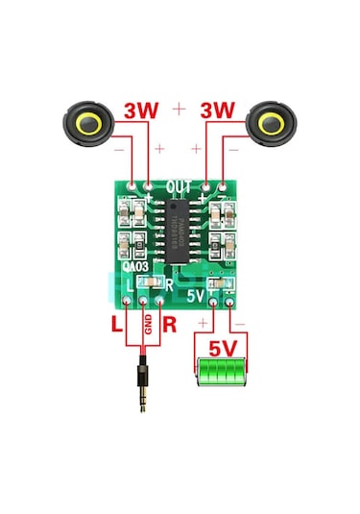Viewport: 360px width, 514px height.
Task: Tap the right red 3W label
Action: pos(217,111)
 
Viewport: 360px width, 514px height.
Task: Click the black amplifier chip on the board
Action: pos(180,231)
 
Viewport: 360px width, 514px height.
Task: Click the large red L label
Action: pos(116,325)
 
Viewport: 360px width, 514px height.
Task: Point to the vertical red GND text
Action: pos(148,326)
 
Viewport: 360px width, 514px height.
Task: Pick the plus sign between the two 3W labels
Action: pos(179,110)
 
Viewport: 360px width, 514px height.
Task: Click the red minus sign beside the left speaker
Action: pos(117,149)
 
